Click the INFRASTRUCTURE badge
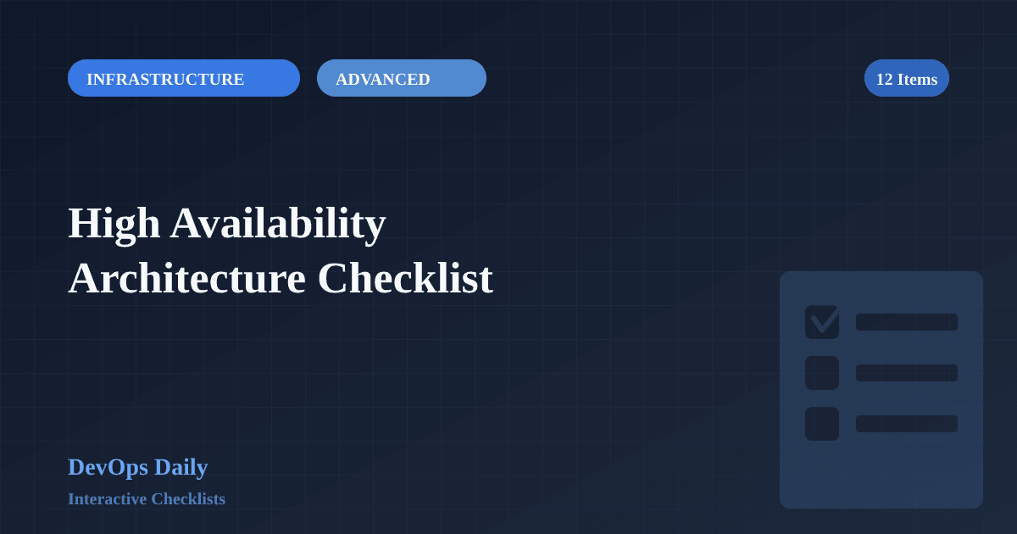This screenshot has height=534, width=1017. pos(183,78)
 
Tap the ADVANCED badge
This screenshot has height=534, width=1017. pos(401,78)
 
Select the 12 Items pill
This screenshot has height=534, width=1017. pos(906,78)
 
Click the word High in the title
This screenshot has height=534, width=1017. pos(114,223)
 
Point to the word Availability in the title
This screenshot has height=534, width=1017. pos(278,223)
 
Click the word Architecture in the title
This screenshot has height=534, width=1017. pos(186,278)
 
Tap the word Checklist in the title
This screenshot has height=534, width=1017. pos(405,278)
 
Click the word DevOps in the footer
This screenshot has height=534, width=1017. pos(108,467)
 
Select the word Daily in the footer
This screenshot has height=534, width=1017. pos(181,467)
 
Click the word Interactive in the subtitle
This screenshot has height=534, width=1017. pos(107,499)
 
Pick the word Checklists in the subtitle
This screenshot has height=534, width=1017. pos(188,499)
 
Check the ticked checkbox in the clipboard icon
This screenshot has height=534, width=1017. pos(822,322)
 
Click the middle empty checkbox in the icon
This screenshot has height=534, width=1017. pos(822,373)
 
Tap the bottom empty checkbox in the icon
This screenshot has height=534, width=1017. pos(822,424)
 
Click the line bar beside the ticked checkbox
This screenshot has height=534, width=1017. pos(907,322)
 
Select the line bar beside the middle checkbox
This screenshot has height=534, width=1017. pos(907,373)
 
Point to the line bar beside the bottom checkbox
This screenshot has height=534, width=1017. pos(907,424)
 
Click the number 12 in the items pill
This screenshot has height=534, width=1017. pos(884,79)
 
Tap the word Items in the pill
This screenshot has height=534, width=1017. pos(917,79)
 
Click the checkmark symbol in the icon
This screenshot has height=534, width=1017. pos(825,320)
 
